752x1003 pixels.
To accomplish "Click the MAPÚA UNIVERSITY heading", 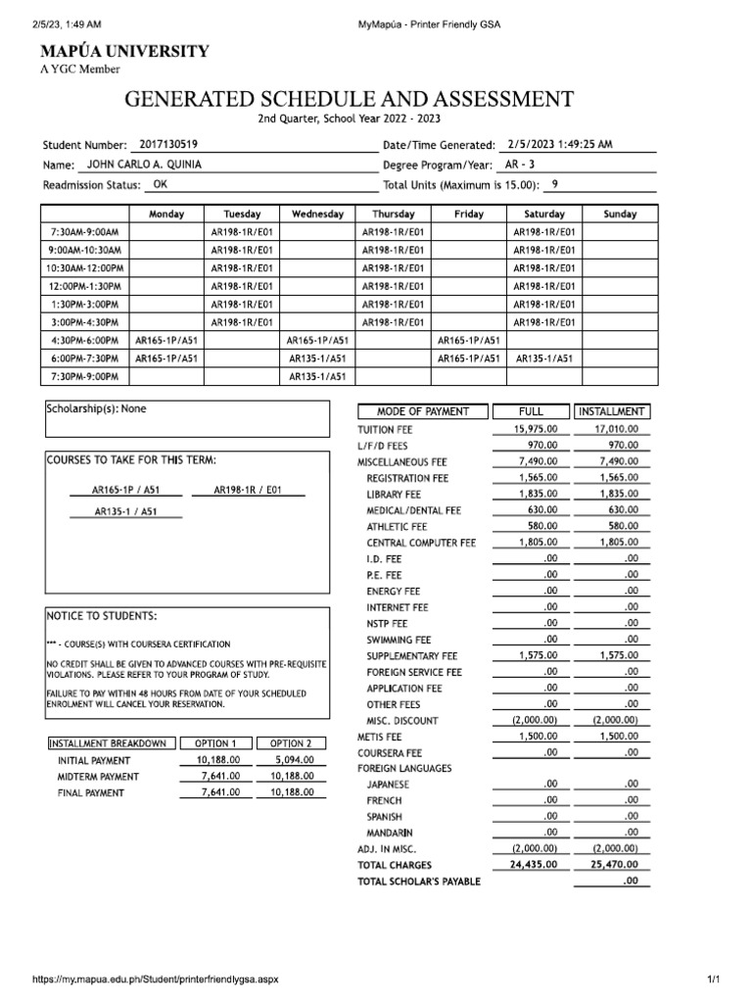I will coord(123,51).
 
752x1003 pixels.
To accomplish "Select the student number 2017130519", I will coord(168,144).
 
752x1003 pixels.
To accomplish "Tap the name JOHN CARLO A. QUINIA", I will coord(145,165).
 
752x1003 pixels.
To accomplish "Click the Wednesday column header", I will coord(317,214).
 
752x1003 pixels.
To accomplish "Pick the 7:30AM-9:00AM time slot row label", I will coord(84,232).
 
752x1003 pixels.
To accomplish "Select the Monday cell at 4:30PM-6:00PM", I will coord(165,340).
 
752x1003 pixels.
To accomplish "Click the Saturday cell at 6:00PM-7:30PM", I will coord(543,358).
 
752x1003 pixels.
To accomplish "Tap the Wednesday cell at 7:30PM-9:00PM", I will coord(317,376).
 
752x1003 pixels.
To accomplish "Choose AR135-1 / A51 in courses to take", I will coord(124,511).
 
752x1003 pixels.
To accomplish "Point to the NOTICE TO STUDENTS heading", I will coord(101,616).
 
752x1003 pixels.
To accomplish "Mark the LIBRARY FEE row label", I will coord(394,495).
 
